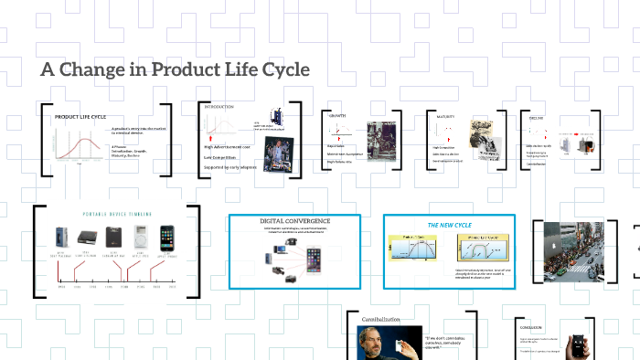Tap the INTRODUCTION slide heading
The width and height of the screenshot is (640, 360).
pos(219,107)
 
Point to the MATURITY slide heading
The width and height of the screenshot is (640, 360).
pos(445,116)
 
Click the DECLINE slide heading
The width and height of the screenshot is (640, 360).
pos(536,117)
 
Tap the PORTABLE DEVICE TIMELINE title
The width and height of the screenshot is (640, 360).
pos(116,215)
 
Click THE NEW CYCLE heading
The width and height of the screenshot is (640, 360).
pos(447,224)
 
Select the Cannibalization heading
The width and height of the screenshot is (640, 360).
pos(381,319)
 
